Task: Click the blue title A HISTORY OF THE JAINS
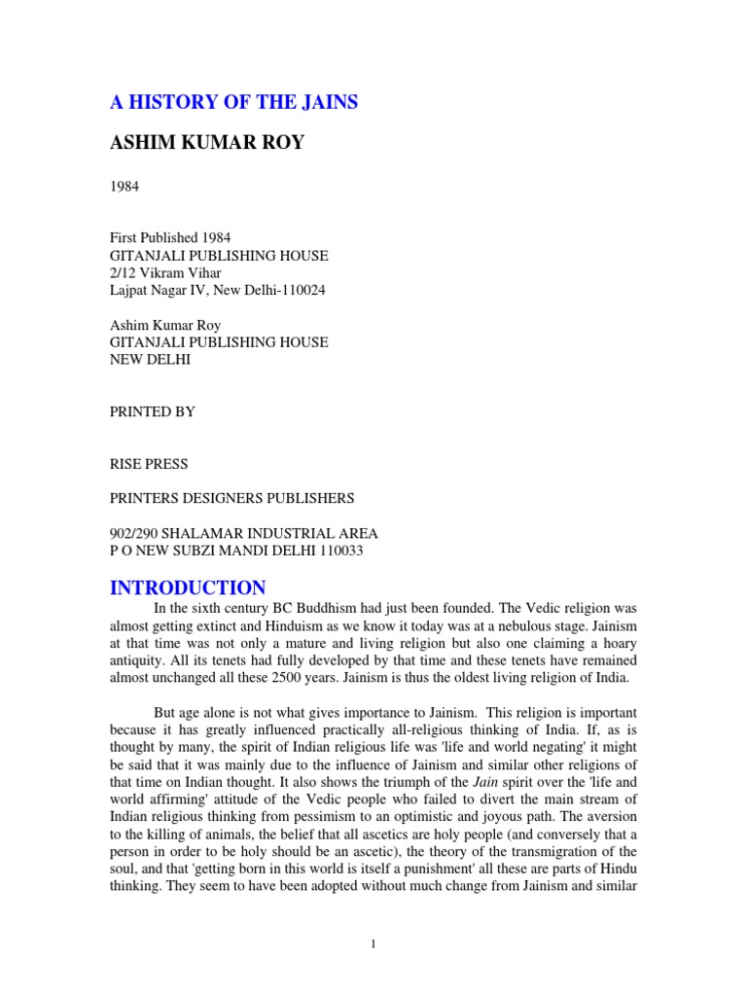point(232,103)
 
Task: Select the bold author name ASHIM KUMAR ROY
point(206,143)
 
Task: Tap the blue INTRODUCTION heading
point(187,587)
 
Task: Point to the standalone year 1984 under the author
point(124,187)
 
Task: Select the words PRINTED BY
point(152,411)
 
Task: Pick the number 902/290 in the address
point(133,533)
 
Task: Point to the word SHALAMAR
point(205,533)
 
